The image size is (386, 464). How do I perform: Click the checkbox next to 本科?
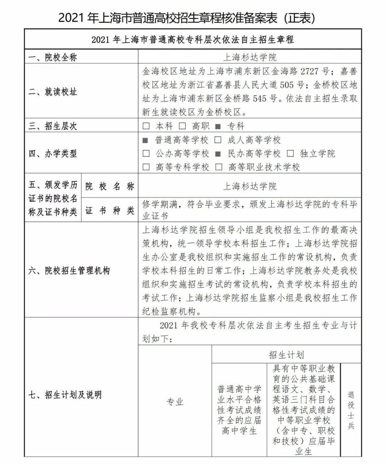pyautogui.click(x=146, y=126)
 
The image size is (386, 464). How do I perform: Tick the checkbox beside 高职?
pyautogui.click(x=182, y=126)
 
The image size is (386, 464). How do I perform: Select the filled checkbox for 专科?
pyautogui.click(x=218, y=126)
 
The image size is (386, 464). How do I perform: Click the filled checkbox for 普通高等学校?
pyautogui.click(x=145, y=140)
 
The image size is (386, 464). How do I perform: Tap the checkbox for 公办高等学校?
pyautogui.click(x=146, y=154)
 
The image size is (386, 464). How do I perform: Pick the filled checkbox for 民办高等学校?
pyautogui.click(x=218, y=154)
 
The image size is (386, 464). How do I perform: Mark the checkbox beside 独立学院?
pyautogui.click(x=290, y=154)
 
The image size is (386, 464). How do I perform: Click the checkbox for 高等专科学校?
pyautogui.click(x=146, y=167)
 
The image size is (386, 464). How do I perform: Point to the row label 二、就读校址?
pyautogui.click(x=53, y=92)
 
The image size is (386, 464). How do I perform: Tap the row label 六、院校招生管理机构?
pyautogui.click(x=69, y=270)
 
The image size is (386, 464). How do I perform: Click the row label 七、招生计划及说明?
pyautogui.click(x=65, y=395)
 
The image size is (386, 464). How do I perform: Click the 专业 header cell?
pyautogui.click(x=175, y=402)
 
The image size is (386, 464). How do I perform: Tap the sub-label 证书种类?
pyautogui.click(x=110, y=210)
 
